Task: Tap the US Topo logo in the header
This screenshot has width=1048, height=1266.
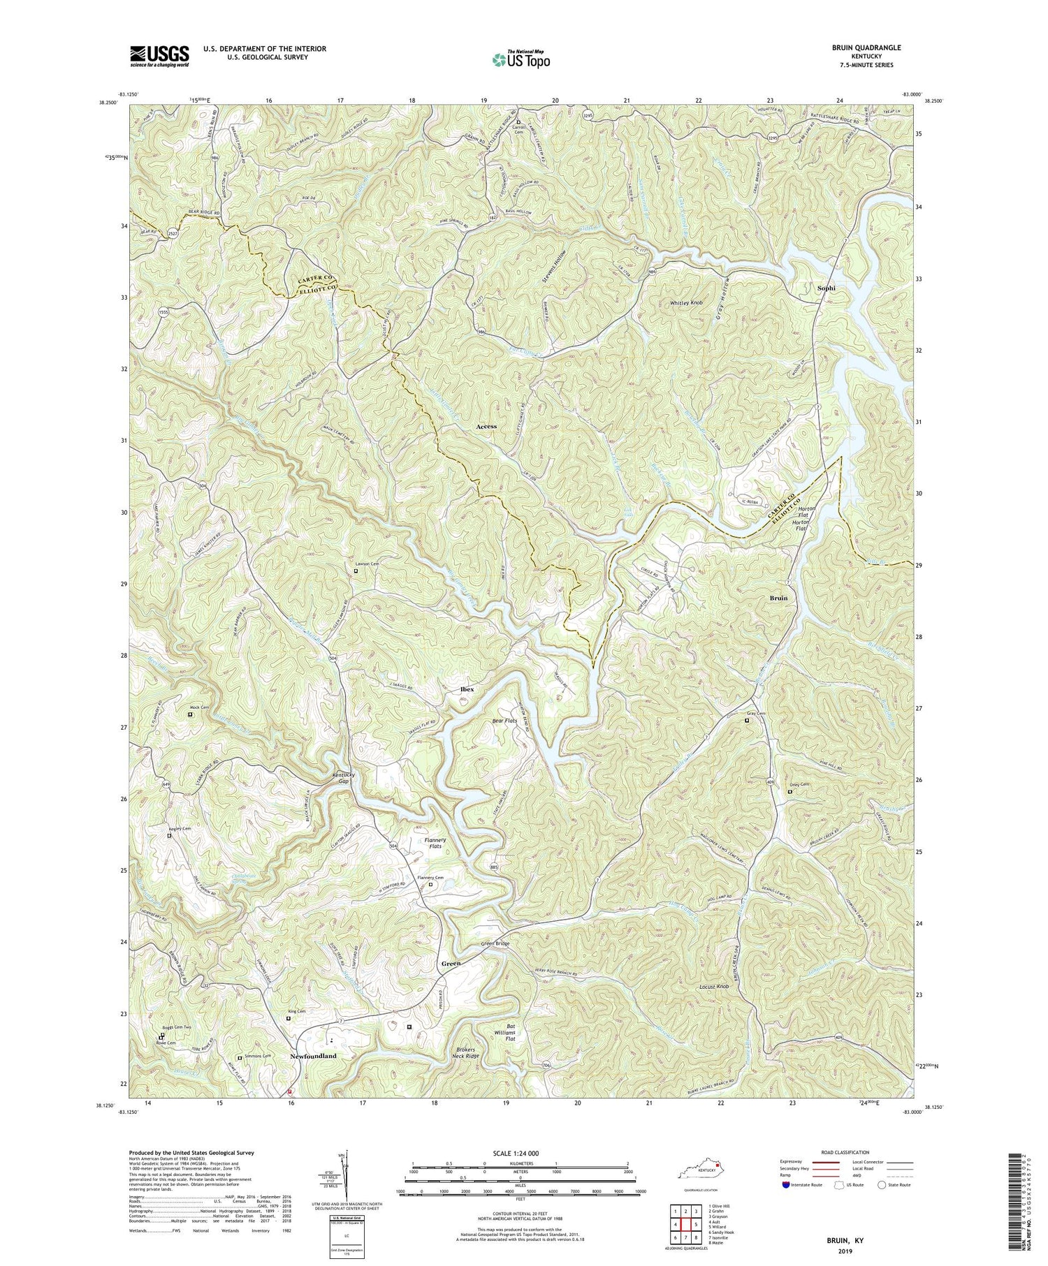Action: pyautogui.click(x=520, y=59)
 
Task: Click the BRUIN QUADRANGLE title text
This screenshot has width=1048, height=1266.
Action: pyautogui.click(x=862, y=47)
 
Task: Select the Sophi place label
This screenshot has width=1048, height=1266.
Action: pyautogui.click(x=826, y=288)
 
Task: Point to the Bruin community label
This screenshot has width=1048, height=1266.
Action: pyautogui.click(x=778, y=598)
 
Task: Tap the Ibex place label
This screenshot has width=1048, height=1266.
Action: pyautogui.click(x=467, y=689)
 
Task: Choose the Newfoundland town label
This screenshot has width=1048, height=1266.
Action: pyautogui.click(x=313, y=1057)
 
